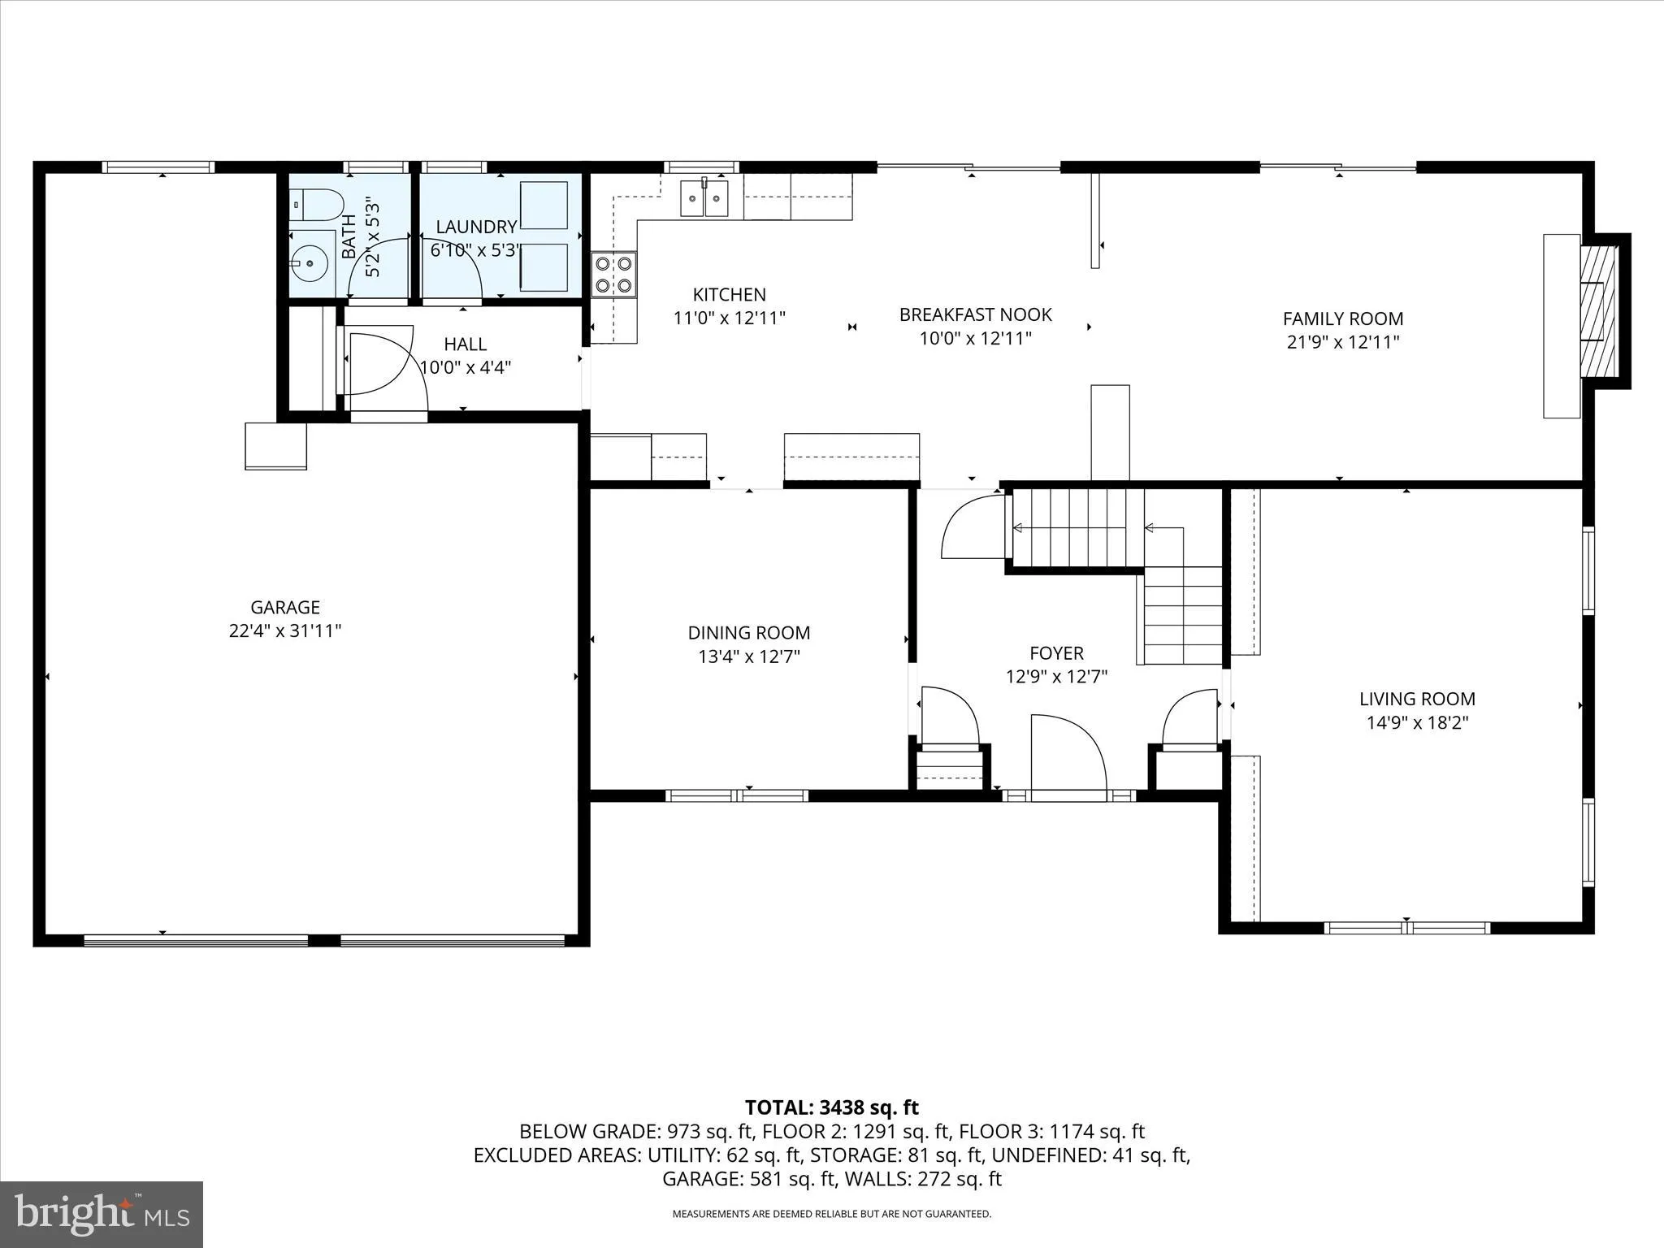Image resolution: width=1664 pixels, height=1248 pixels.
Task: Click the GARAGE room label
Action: pos(284,607)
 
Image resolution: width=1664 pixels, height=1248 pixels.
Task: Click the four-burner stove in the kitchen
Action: pos(614,274)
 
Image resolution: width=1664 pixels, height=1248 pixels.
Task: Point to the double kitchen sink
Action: pos(704,198)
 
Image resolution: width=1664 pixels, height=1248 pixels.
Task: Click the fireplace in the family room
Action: pos(1598,311)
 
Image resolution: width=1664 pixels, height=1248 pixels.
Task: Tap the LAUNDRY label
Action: pos(476,227)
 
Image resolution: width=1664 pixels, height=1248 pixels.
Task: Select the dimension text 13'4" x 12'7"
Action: pos(748,656)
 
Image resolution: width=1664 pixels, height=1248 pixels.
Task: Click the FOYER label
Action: pos(1056,652)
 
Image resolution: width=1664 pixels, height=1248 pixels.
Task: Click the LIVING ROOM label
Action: pos(1417,698)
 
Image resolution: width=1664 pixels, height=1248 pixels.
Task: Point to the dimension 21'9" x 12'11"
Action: pos(1342,342)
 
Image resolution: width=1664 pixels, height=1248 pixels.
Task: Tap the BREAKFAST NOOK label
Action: pos(975,314)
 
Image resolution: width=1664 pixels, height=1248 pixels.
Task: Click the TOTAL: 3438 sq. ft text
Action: pos(831,1107)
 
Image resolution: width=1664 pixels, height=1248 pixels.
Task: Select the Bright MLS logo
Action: pos(102,1214)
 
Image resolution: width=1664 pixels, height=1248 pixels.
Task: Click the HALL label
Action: pos(465,344)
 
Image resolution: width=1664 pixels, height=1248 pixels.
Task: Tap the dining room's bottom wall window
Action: pos(736,795)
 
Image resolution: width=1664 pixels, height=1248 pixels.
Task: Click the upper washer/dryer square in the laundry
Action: pos(544,206)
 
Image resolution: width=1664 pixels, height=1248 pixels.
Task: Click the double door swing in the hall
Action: pos(382,362)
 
